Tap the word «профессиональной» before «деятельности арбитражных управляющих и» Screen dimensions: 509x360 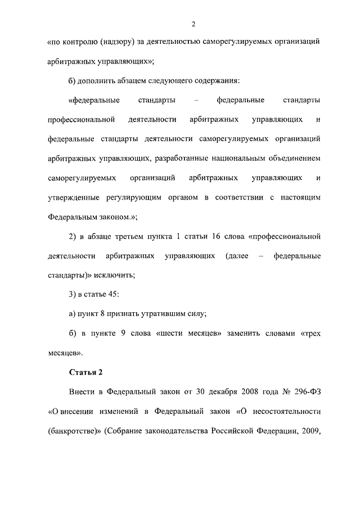pos(82,120)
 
